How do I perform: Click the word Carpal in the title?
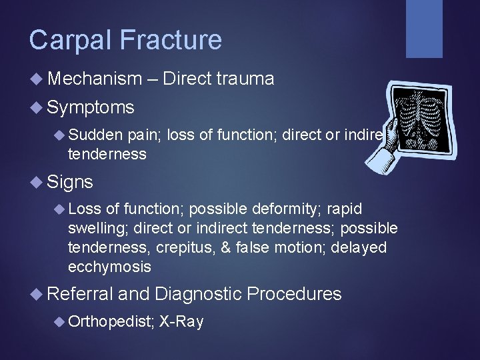67,41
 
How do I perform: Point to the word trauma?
245,79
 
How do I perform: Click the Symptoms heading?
91,107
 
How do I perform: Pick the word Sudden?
95,136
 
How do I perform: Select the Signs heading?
70,182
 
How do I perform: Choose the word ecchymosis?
109,267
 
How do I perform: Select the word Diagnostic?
200,294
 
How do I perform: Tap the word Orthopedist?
111,322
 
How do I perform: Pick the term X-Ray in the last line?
181,322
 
